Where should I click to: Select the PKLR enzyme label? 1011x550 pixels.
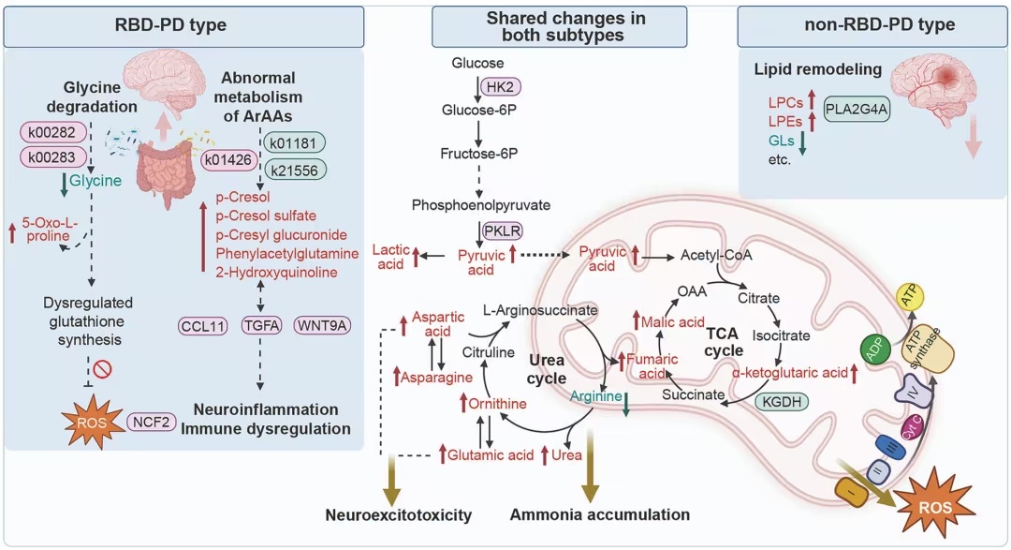(x=502, y=230)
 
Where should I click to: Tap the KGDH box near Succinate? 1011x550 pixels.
(x=781, y=401)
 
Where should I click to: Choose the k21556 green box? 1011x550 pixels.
(x=293, y=170)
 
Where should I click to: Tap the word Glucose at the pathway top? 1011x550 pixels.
(x=478, y=64)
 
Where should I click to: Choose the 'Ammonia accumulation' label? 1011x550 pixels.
(x=600, y=514)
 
